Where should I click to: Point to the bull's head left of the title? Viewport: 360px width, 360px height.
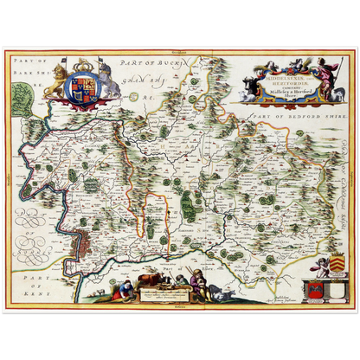click(x=249, y=86)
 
